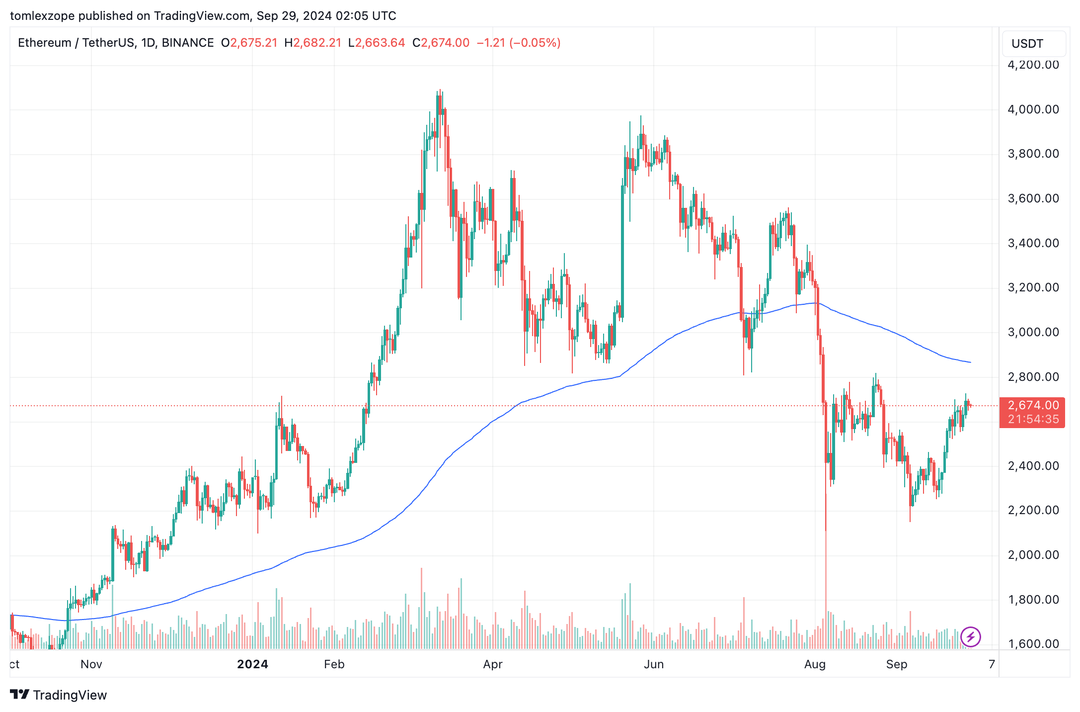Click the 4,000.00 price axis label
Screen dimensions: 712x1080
(x=1033, y=109)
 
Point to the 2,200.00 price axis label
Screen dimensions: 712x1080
(x=1033, y=510)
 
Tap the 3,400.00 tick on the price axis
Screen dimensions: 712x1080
(x=1033, y=243)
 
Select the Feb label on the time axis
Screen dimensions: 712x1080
(x=334, y=664)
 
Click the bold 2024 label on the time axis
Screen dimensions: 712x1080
(x=252, y=664)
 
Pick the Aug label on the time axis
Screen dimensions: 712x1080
(x=815, y=664)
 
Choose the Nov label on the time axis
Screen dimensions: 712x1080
(x=91, y=664)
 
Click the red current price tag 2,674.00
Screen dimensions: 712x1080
(x=1033, y=406)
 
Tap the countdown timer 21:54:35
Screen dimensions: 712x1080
(x=1033, y=420)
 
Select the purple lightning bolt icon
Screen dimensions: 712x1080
(x=970, y=637)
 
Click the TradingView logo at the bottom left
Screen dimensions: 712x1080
(x=59, y=695)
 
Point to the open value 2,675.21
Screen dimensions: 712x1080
(x=253, y=43)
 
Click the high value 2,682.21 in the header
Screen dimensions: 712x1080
(x=317, y=43)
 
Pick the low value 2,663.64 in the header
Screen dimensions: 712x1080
(x=380, y=43)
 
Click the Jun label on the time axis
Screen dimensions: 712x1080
(x=654, y=664)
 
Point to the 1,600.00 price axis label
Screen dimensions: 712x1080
(x=1033, y=644)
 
